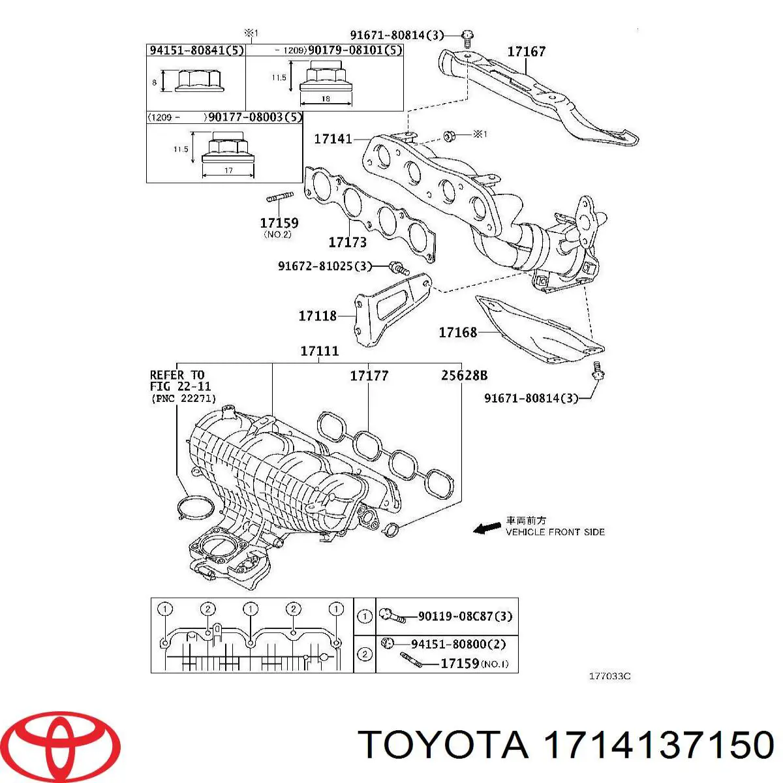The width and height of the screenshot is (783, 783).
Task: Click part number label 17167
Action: click(526, 51)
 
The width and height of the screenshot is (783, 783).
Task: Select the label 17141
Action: click(333, 138)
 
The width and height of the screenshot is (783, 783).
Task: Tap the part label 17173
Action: click(347, 242)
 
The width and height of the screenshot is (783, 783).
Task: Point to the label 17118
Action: click(317, 316)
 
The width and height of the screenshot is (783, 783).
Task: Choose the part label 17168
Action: click(457, 332)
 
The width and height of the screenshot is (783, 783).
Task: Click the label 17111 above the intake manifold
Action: click(320, 351)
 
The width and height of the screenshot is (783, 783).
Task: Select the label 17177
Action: click(369, 376)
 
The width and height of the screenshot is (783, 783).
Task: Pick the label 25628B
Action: click(463, 376)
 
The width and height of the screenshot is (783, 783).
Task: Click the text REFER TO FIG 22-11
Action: click(177, 380)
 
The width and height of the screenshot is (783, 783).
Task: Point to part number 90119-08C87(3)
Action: click(465, 616)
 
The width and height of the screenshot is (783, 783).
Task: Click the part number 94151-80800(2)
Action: click(458, 644)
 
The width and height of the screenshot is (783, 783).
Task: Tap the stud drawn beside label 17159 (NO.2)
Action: click(280, 196)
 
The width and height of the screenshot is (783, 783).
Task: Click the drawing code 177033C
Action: click(609, 677)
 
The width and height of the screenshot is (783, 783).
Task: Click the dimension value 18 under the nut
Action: click(326, 99)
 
